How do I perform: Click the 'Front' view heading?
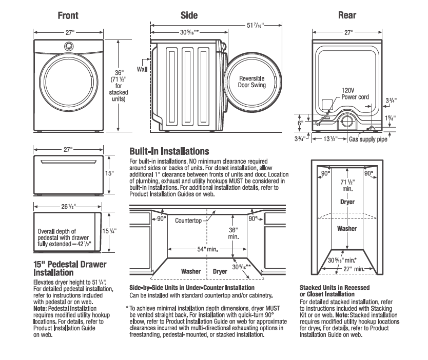point(67,16)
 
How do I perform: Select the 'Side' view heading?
point(189,16)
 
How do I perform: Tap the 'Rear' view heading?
point(347,16)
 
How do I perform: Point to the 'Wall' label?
point(142,68)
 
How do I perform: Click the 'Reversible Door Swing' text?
point(251,82)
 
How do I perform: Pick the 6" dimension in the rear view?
point(301,123)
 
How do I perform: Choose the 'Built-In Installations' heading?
point(169,152)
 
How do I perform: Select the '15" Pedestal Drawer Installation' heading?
point(70,269)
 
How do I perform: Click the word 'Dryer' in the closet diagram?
point(347,202)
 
